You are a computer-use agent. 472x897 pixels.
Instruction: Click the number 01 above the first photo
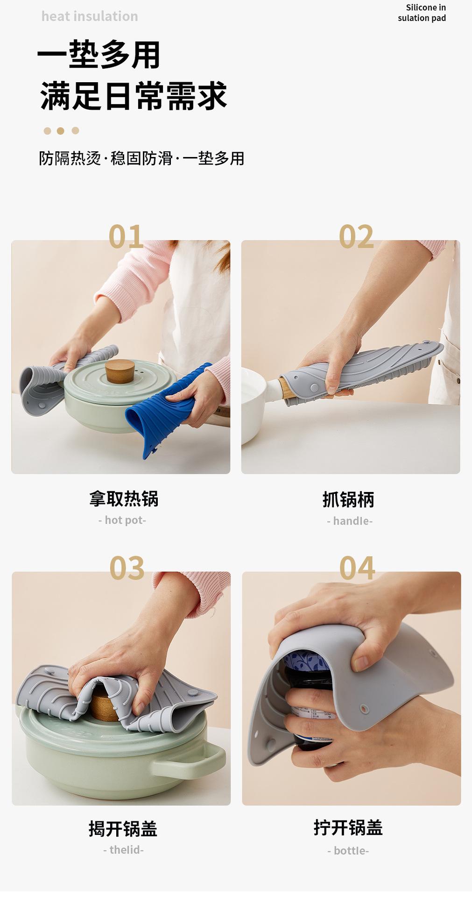point(126,236)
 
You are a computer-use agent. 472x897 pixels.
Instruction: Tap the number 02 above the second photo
point(356,236)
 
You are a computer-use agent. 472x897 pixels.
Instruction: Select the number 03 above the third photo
point(127,568)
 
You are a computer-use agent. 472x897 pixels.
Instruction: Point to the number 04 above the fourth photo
point(357,568)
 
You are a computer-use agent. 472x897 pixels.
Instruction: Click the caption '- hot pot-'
point(122,520)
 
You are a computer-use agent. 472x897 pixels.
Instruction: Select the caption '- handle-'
point(350,521)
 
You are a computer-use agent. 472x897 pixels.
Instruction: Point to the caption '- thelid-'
point(123,850)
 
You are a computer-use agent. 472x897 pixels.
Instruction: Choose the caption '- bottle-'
point(348,851)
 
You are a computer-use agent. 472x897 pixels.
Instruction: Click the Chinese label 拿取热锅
point(124,499)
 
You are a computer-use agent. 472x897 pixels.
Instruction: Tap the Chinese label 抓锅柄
point(348,499)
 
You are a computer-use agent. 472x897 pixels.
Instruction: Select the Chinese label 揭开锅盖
point(123,829)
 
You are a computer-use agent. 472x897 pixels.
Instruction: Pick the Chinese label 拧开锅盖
point(348,828)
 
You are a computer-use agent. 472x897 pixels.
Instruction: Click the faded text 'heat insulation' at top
point(90,16)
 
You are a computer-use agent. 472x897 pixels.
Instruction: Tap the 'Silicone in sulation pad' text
point(422,13)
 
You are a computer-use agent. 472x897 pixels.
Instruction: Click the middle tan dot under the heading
point(61,131)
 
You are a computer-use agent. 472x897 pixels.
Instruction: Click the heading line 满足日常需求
point(134,96)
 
